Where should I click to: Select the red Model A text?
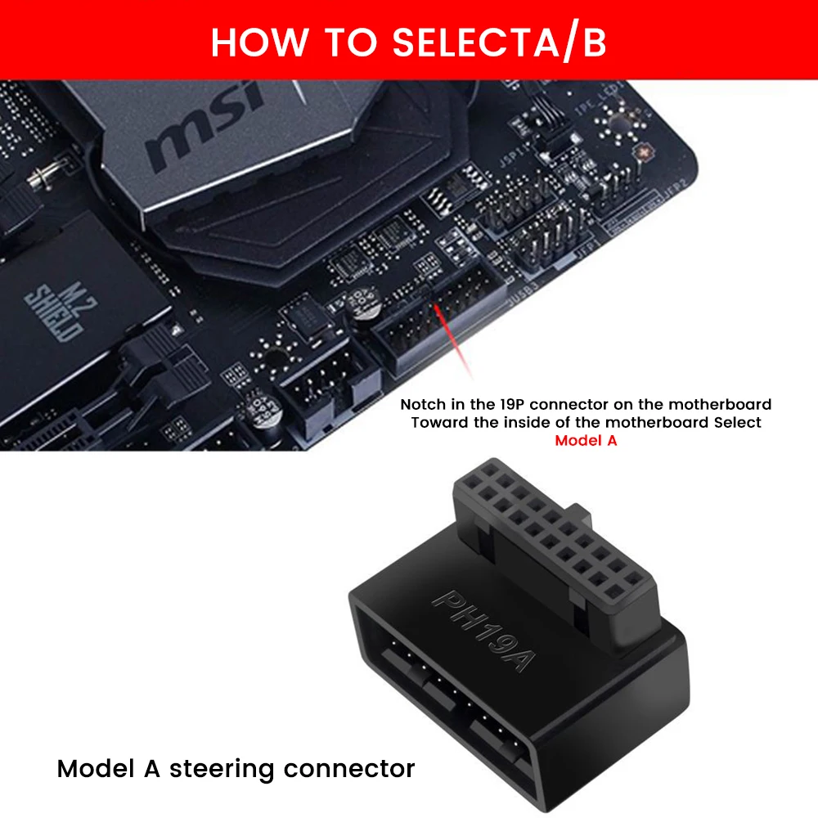tap(586, 440)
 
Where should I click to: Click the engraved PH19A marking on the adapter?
tap(482, 630)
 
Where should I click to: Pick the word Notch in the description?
tap(422, 404)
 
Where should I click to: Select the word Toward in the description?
tap(436, 422)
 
